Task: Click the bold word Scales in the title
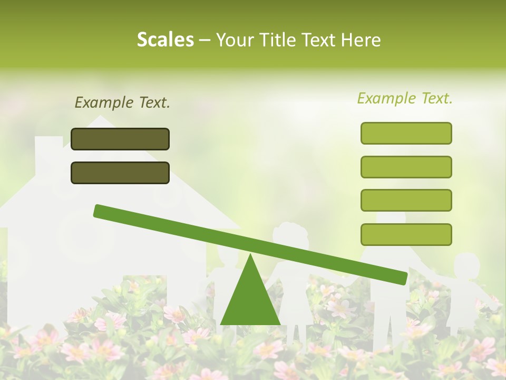pos(166,40)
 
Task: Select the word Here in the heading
pos(361,40)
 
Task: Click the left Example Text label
pos(122,103)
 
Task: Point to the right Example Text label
pos(405,99)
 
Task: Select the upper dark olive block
pos(120,139)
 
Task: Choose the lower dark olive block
pos(120,173)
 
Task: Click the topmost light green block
pos(406,133)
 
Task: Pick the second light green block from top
pos(406,167)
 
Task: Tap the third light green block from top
pos(406,201)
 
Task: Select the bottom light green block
pos(406,234)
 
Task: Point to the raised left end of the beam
pos(100,211)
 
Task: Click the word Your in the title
pos(235,40)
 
